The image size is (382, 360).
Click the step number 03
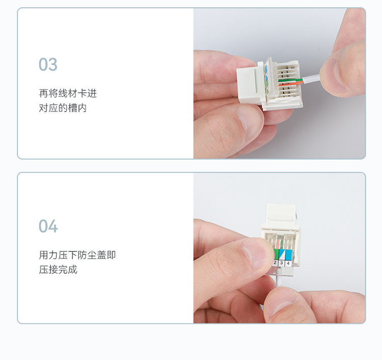[48, 64]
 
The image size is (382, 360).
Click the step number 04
[48, 226]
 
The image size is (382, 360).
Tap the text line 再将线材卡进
[68, 93]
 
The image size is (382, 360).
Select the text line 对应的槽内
[63, 108]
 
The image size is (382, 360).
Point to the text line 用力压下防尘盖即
[77, 255]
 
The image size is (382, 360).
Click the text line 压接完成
[58, 270]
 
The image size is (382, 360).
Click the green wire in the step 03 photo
[290, 80]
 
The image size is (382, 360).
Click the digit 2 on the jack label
[275, 263]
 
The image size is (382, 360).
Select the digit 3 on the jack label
[282, 263]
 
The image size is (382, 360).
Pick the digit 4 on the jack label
[288, 263]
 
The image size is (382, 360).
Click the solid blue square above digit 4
[289, 255]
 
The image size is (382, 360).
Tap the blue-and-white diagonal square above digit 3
[282, 254]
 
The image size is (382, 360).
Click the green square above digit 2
[276, 254]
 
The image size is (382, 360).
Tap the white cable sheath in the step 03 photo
[311, 80]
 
